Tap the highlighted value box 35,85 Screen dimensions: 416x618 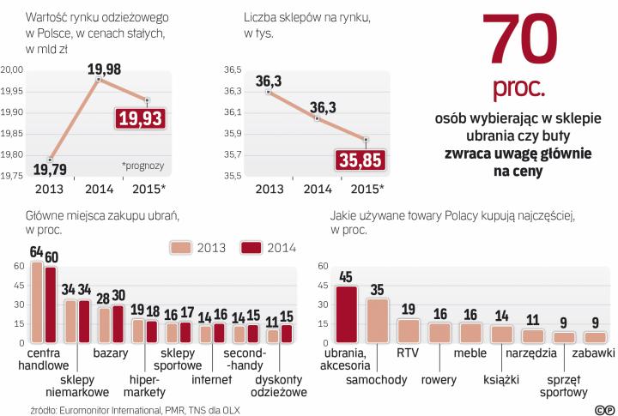click(x=360, y=160)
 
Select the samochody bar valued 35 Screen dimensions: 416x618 click(x=378, y=320)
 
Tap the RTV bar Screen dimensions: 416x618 click(x=409, y=330)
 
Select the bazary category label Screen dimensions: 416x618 click(x=112, y=353)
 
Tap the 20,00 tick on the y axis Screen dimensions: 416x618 click(x=12, y=70)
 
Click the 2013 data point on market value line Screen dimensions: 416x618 click(x=51, y=159)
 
